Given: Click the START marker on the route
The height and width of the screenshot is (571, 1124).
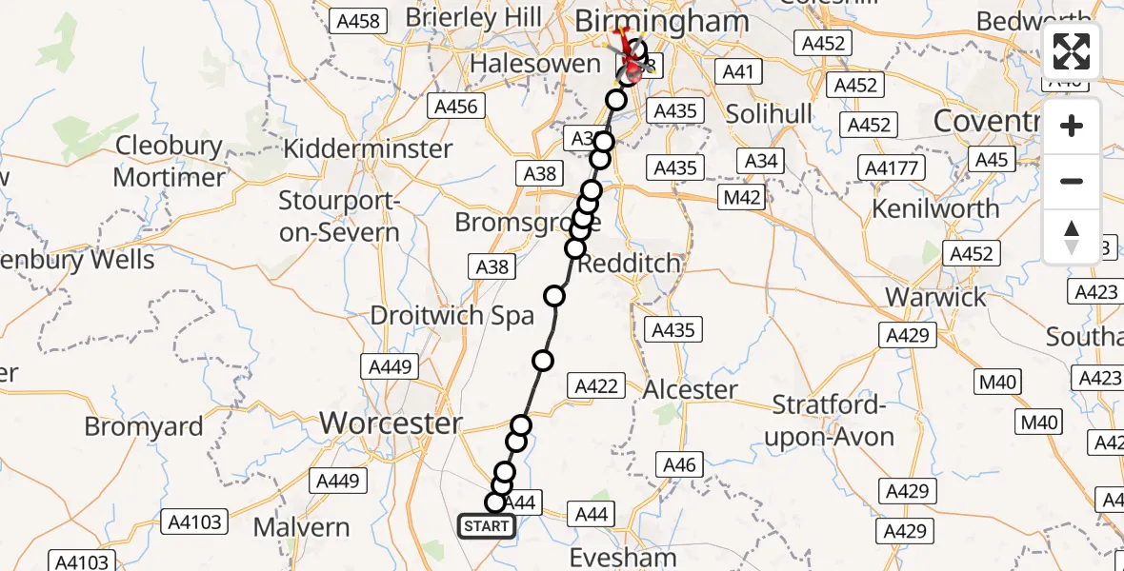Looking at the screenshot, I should [487, 525].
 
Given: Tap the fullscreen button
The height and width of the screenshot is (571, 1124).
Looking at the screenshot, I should [1072, 52].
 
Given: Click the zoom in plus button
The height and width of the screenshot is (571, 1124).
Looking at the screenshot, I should [1072, 126].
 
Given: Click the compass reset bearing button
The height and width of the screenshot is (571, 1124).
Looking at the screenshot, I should [1072, 237].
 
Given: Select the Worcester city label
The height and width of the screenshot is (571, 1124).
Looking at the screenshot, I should [391, 423].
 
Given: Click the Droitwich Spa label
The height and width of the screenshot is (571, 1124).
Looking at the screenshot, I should [452, 315].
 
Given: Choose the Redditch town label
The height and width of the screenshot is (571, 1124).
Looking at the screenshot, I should [631, 263].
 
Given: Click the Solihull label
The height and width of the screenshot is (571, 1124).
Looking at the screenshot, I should [769, 114].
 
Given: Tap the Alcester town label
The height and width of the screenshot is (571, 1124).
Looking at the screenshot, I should [691, 389].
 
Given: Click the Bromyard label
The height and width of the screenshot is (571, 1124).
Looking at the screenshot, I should [144, 426].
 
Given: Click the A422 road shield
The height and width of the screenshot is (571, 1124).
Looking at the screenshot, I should [596, 385].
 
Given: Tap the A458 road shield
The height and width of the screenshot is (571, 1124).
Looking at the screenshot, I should [358, 22].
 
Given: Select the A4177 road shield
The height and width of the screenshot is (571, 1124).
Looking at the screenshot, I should [892, 168].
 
